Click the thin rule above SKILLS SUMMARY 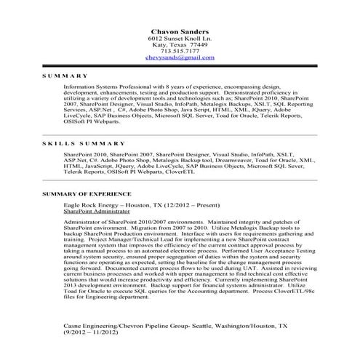coord(179,135)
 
